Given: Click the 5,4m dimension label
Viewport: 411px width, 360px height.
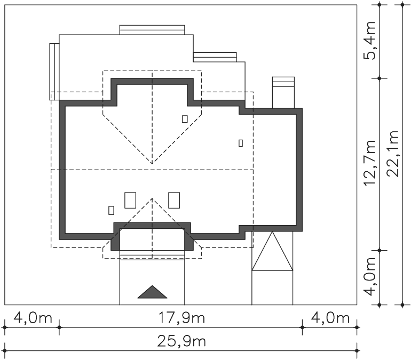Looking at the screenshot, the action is pyautogui.click(x=369, y=41).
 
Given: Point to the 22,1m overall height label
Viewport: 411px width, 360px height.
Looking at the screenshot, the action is pyautogui.click(x=392, y=154).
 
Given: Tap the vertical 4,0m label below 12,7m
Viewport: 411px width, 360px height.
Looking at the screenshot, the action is pyautogui.click(x=369, y=276).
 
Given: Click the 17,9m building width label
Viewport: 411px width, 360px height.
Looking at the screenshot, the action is pyautogui.click(x=181, y=318).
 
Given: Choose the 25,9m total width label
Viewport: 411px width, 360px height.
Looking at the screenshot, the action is pyautogui.click(x=181, y=341).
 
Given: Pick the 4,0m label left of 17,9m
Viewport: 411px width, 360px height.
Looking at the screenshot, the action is pyautogui.click(x=33, y=318).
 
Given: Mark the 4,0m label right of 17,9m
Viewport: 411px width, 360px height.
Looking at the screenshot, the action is pyautogui.click(x=330, y=318).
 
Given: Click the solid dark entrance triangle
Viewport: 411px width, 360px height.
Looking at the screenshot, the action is pyautogui.click(x=152, y=292).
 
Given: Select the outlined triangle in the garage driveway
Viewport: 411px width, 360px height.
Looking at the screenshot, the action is pyautogui.click(x=272, y=251).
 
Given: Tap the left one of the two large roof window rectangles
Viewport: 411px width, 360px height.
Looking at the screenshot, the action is pyautogui.click(x=130, y=201).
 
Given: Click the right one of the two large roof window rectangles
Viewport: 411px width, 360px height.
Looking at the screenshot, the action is pyautogui.click(x=174, y=201).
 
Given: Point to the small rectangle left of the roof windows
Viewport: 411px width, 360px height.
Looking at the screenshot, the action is pyautogui.click(x=111, y=210).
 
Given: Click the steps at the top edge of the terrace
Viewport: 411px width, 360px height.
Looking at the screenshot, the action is pyautogui.click(x=152, y=30).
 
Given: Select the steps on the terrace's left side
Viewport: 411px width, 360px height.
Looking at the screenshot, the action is pyautogui.click(x=54, y=72).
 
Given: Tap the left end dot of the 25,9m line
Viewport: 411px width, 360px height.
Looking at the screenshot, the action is pyautogui.click(x=4, y=350).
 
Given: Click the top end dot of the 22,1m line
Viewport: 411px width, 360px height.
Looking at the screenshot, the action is pyautogui.click(x=402, y=5).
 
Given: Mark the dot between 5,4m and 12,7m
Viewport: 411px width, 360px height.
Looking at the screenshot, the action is pyautogui.click(x=380, y=78).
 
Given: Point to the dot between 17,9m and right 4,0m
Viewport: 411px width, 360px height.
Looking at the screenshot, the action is pyautogui.click(x=302, y=327).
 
